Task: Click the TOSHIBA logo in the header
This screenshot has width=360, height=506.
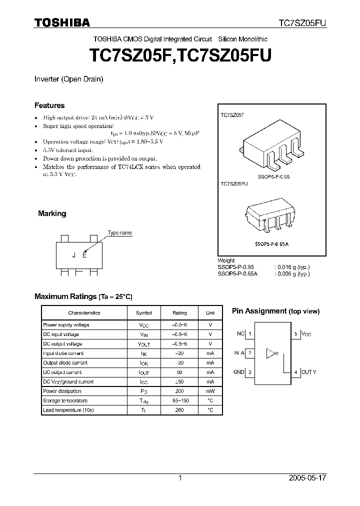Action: click(61, 22)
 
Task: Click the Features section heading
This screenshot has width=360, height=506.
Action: click(49, 105)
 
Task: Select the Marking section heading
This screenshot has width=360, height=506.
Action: click(52, 213)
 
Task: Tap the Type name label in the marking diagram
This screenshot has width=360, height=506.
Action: click(120, 233)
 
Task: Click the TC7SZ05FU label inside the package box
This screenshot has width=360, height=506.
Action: click(234, 184)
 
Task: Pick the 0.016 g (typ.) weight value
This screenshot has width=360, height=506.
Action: click(292, 267)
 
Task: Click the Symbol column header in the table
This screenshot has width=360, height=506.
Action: click(144, 313)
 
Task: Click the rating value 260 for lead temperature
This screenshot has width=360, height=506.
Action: click(179, 410)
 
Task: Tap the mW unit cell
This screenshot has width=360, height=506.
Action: click(210, 391)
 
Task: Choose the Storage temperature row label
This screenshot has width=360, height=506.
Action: click(65, 400)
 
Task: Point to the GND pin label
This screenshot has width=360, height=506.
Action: click(239, 372)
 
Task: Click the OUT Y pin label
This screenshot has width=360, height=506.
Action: click(308, 372)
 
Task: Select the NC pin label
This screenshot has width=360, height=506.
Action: click(240, 333)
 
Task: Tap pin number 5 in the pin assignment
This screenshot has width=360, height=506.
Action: click(296, 333)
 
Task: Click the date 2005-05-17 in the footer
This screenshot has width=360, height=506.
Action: click(307, 478)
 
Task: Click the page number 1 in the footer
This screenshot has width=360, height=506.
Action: click(180, 478)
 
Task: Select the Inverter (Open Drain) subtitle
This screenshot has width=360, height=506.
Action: click(68, 79)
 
